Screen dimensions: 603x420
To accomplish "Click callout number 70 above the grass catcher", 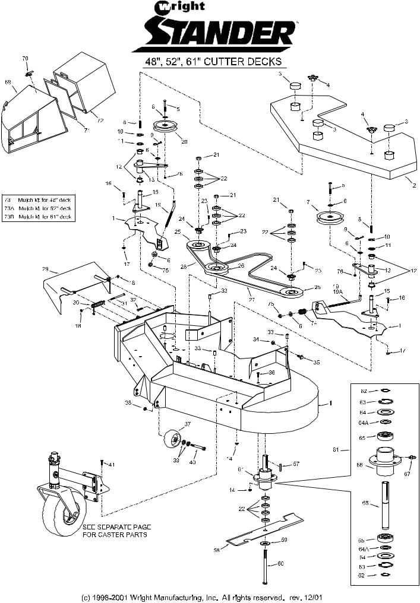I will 25,58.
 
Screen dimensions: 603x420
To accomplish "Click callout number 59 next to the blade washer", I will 285,539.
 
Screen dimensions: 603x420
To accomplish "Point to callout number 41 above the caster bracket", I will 111,463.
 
